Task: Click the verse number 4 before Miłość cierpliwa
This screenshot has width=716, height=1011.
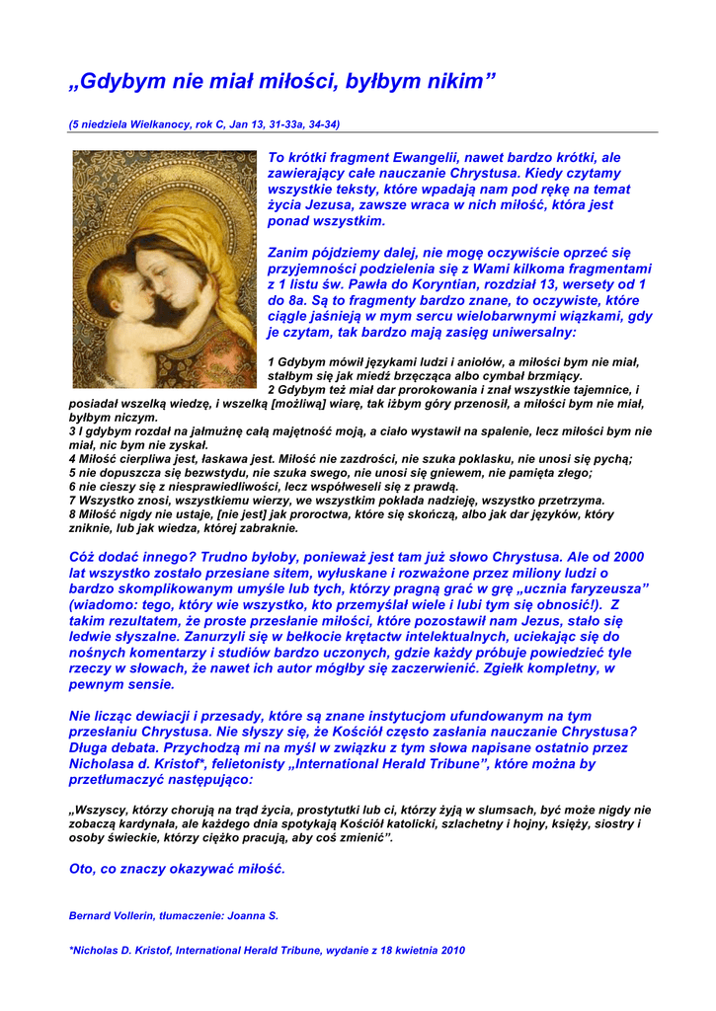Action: pos(72,459)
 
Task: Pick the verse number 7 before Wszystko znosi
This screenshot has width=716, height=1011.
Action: pos(72,501)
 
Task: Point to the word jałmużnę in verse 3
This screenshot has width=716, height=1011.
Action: pos(197,431)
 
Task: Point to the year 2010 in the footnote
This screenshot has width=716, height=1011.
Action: pos(449,950)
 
